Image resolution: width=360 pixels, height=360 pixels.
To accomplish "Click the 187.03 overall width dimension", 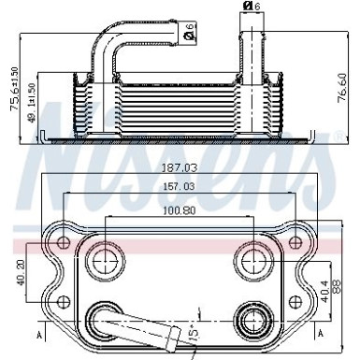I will point(179,169).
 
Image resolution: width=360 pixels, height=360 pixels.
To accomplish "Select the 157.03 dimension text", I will point(179,187).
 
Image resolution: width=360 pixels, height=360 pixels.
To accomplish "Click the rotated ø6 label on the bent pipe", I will point(190,36).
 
